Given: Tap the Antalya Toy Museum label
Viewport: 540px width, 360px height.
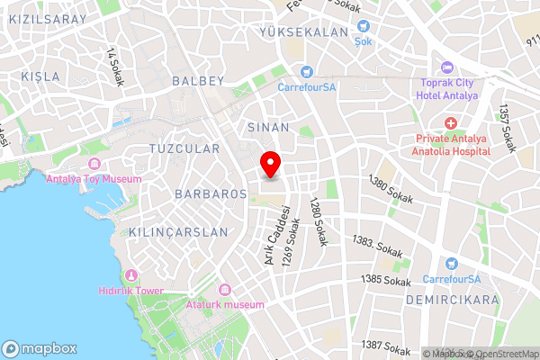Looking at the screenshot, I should [94, 179].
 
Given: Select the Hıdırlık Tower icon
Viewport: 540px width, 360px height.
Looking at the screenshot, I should [132, 274].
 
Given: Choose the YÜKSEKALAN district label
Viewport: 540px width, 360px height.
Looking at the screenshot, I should [291, 31].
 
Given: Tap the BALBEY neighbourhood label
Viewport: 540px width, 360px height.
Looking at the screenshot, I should [196, 81].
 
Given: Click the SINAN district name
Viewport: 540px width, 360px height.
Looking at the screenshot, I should [267, 128].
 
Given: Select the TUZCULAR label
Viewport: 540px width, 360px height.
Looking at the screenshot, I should [184, 148].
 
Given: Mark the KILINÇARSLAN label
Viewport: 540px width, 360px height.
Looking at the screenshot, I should [178, 231].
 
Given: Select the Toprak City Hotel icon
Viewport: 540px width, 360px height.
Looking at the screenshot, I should [446, 67].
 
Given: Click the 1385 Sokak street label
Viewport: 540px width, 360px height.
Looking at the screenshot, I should [385, 281].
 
